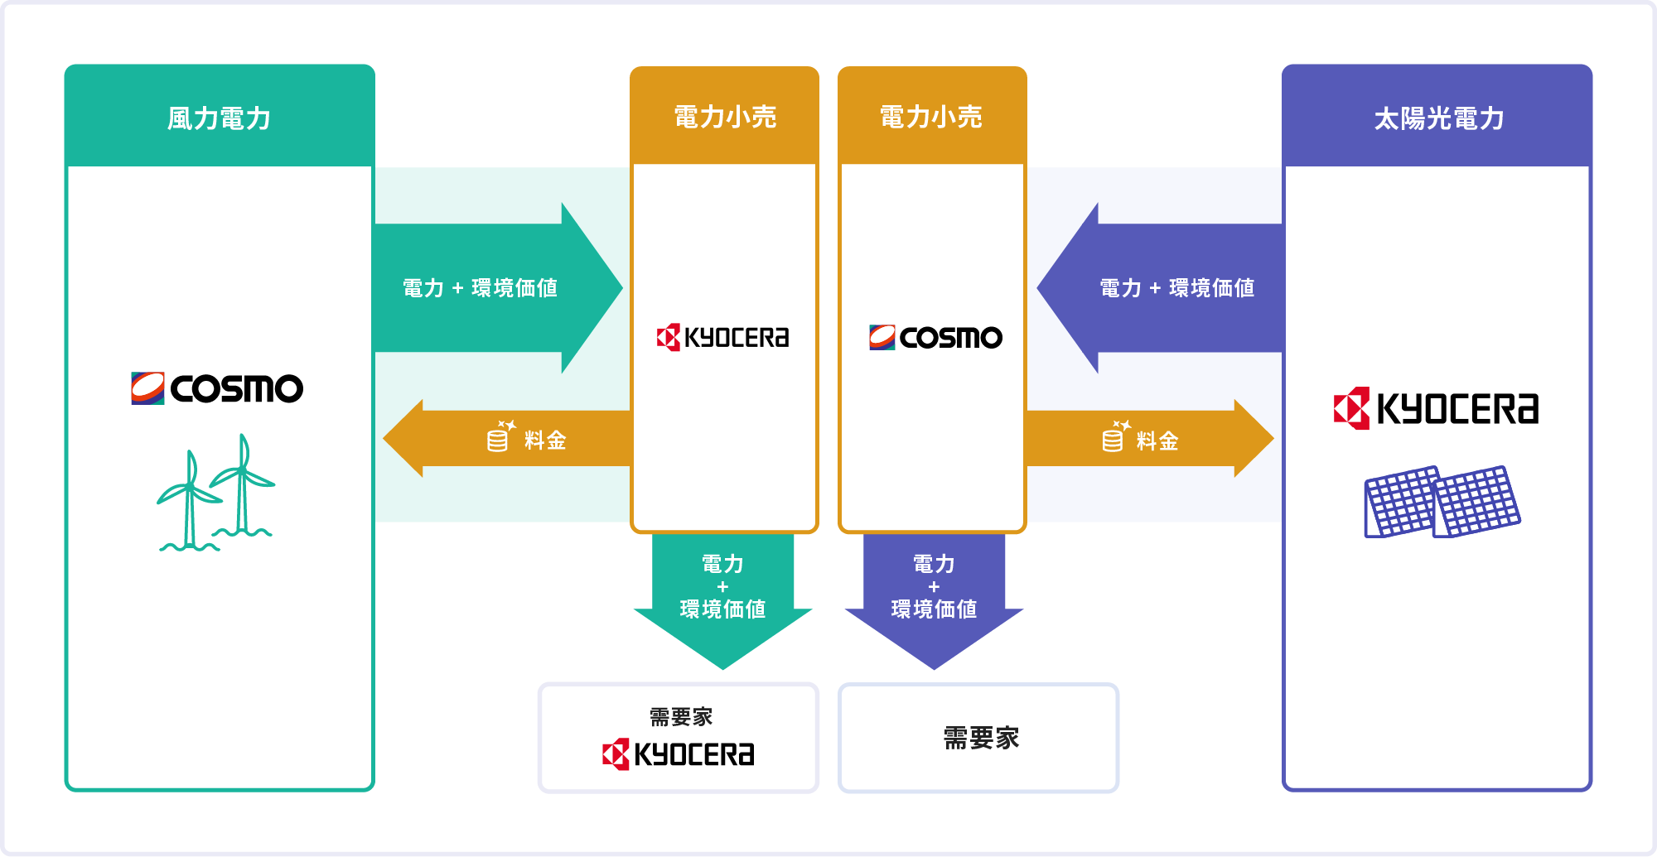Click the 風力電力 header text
(x=219, y=118)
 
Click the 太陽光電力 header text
(x=1438, y=118)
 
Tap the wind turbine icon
(x=215, y=493)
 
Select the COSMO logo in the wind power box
(x=217, y=388)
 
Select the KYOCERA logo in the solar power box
(x=1437, y=408)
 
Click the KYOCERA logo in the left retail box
(x=722, y=338)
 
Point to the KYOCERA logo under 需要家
(x=678, y=753)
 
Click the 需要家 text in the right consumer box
(x=981, y=738)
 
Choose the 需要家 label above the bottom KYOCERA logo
(x=681, y=716)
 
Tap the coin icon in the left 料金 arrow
(x=500, y=436)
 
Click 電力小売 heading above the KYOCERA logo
(x=725, y=117)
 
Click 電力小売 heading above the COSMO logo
(x=931, y=117)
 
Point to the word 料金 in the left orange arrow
(x=545, y=441)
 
